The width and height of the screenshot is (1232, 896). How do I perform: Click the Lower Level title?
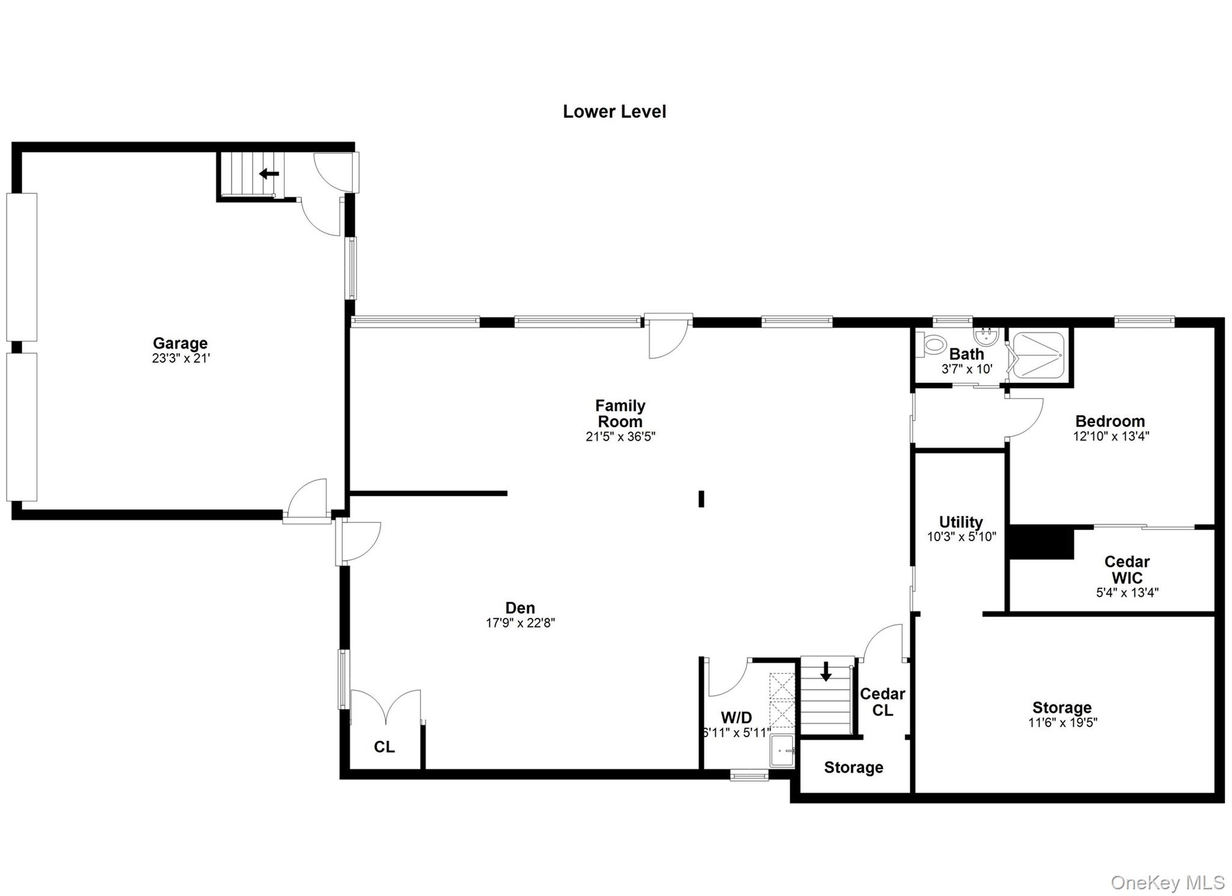click(x=614, y=112)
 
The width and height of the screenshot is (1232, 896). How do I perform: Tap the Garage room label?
click(x=180, y=343)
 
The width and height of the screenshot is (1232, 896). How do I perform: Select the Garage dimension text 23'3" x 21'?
click(x=180, y=359)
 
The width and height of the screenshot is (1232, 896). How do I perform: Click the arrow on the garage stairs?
click(x=269, y=174)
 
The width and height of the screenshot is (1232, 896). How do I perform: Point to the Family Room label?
click(x=620, y=413)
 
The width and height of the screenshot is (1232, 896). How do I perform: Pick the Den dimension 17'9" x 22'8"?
click(x=520, y=623)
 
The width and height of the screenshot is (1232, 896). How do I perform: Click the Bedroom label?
click(x=1110, y=421)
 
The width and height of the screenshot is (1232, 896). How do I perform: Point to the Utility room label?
click(x=961, y=522)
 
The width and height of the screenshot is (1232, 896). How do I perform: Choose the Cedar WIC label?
click(x=1127, y=570)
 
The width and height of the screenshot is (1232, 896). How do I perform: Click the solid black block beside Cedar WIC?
click(x=1041, y=542)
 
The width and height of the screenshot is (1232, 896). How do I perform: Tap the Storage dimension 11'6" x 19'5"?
click(x=1062, y=723)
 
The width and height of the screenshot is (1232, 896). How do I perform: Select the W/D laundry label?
click(x=736, y=717)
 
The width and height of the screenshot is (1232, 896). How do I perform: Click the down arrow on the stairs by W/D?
click(x=826, y=671)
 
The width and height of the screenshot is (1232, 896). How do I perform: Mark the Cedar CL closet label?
click(x=882, y=702)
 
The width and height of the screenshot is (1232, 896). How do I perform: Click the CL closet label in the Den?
click(x=384, y=747)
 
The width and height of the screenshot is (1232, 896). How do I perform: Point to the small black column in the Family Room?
click(x=701, y=499)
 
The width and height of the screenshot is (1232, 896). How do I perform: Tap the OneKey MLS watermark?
click(x=1167, y=883)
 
